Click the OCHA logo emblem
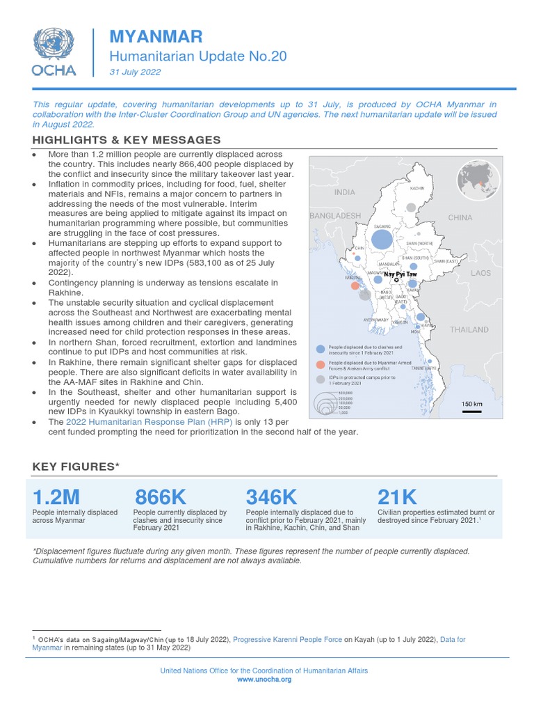pos(53,45)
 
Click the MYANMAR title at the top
pos(157,37)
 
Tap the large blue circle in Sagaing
pos(381,240)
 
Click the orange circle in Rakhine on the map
pos(355,285)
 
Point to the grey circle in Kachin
pos(412,207)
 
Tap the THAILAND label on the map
pos(469,329)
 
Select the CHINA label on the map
pos(460,217)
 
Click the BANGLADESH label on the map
pos(335,216)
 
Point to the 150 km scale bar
pos(471,412)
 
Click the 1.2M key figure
pos(56,496)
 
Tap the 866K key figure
pos(161,496)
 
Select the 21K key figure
pos(397,496)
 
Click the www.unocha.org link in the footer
pos(264,680)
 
